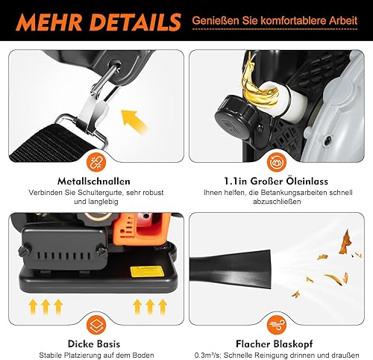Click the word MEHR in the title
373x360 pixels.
[x=49, y=22]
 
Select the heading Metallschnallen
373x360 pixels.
[x=94, y=181]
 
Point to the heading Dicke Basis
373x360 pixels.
[x=94, y=344]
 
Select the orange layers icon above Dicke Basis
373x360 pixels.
[x=96, y=324]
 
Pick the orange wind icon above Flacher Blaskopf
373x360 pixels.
[x=277, y=324]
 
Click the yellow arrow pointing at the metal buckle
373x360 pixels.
[x=134, y=121]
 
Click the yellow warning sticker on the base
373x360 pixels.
[x=147, y=272]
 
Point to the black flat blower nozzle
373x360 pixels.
[x=231, y=269]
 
